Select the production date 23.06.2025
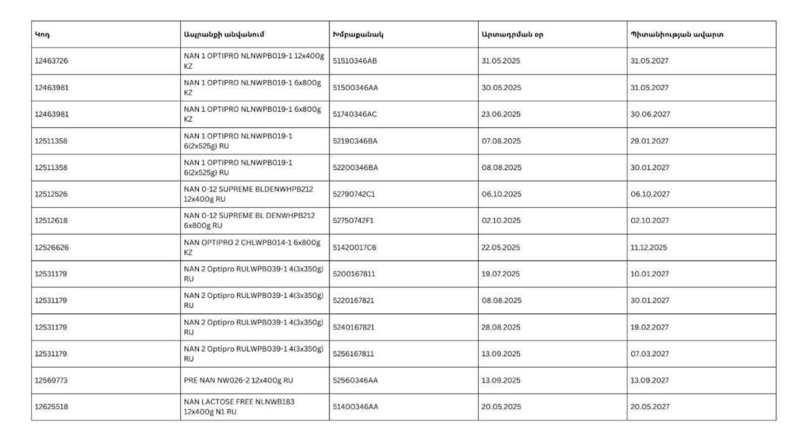point(501,114)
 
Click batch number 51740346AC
point(354,114)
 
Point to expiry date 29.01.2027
point(650,141)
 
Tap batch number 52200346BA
point(355,168)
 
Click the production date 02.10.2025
point(501,221)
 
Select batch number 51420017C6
point(354,248)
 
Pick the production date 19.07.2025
point(501,274)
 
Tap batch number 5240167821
point(354,327)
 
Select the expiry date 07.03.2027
point(650,354)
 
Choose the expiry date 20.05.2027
point(650,407)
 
